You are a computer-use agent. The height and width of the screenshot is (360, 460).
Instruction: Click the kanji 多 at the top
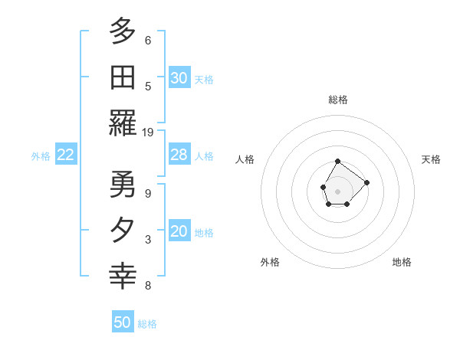[x=123, y=31]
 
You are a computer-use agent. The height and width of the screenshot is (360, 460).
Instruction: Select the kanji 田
[x=123, y=78]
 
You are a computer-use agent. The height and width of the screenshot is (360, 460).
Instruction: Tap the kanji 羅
[x=123, y=123]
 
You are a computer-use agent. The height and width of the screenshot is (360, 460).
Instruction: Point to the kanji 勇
[x=123, y=185]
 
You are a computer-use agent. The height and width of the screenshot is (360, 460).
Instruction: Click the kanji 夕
[x=123, y=231]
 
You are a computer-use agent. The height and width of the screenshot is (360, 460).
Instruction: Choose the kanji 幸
[x=123, y=277]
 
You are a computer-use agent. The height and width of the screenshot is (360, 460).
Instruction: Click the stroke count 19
[x=148, y=132]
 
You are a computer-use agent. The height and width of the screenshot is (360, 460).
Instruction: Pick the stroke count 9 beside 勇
[x=147, y=193]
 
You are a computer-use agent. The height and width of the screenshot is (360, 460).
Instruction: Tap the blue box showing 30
[x=179, y=77]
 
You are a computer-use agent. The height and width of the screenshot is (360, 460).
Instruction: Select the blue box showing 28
[x=179, y=155]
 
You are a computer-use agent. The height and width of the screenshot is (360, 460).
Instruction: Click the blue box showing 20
[x=179, y=232]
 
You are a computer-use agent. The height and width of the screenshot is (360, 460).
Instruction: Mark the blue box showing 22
[x=66, y=155]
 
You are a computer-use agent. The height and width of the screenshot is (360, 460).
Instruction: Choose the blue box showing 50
[x=123, y=322]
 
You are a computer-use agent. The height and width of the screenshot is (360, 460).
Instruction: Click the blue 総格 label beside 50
[x=147, y=324]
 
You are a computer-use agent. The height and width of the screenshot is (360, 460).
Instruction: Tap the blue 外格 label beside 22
[x=41, y=156]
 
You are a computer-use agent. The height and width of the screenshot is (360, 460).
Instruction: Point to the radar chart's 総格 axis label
[x=338, y=100]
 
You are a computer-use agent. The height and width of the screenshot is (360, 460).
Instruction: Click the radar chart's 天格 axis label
[x=431, y=159]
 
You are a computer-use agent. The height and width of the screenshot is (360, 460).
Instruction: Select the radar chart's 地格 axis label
[x=402, y=262]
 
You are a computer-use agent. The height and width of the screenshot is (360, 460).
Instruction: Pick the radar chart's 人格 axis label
[x=245, y=159]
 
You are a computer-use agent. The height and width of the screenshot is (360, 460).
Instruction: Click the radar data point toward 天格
[x=366, y=182]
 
